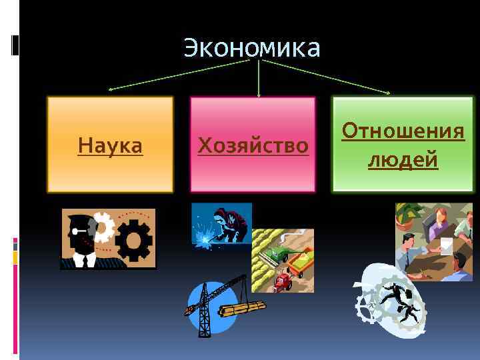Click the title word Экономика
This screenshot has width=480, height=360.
[x=252, y=48]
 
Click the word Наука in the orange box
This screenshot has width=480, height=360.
[x=110, y=145]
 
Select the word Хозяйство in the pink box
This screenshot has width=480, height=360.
[x=253, y=145]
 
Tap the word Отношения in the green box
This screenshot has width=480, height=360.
[x=403, y=131]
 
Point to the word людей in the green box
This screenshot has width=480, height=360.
[x=403, y=160]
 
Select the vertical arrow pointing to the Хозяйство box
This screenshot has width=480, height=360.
[x=259, y=83]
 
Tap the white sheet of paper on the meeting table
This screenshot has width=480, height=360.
[x=445, y=246]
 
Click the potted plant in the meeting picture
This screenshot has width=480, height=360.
[x=409, y=217]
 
